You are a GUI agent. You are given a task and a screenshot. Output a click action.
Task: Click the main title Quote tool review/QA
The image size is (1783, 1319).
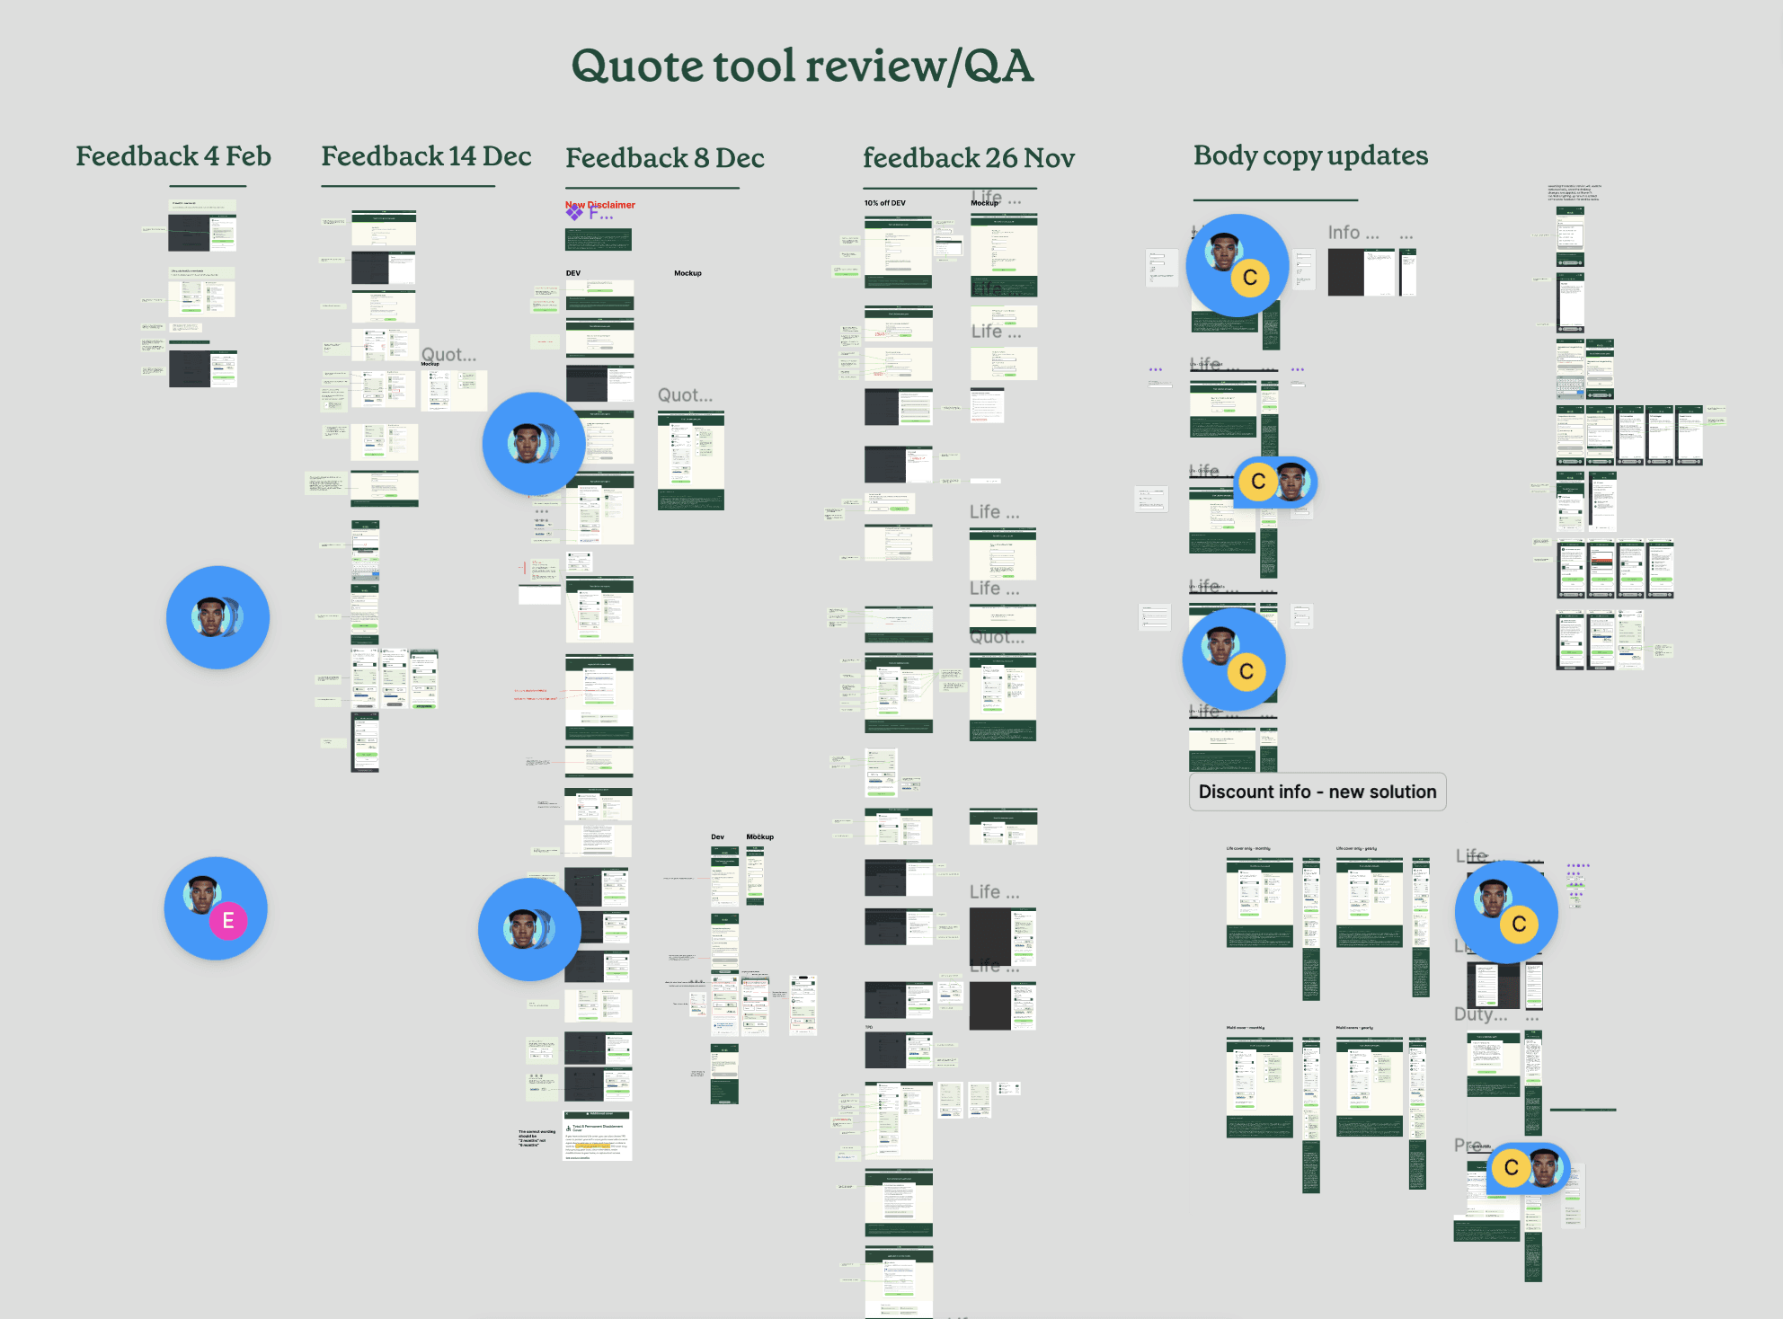(803, 66)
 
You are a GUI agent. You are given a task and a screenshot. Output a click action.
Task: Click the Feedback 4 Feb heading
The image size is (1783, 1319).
(173, 156)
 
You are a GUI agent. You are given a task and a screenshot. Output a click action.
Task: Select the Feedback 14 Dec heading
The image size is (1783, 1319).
(426, 156)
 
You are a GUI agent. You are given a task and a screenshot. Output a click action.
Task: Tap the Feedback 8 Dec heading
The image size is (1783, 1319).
(665, 158)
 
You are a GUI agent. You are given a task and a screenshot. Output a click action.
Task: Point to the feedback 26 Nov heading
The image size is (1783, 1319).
(969, 158)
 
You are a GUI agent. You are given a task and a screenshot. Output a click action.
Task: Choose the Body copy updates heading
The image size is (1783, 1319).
(1310, 155)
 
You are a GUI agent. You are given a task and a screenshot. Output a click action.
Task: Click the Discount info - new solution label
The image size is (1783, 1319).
(1317, 792)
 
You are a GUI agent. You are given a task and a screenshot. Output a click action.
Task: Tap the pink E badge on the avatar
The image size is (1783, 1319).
(228, 920)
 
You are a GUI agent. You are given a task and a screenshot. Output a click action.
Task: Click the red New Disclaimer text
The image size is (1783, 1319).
(600, 205)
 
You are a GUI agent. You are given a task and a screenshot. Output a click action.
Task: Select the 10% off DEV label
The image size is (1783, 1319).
(885, 203)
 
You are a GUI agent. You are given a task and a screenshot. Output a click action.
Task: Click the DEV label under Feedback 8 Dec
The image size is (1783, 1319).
(573, 273)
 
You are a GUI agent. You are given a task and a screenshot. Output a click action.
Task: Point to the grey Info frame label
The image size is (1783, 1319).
(1344, 233)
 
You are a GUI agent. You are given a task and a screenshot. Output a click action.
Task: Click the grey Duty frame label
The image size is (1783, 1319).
(1474, 1014)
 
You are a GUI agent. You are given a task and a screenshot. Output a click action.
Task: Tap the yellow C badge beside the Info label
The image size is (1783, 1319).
(1250, 278)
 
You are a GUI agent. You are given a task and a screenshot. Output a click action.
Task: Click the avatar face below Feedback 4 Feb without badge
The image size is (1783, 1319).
(212, 617)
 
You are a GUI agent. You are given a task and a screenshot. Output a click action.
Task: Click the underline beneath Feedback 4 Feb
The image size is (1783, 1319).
(208, 186)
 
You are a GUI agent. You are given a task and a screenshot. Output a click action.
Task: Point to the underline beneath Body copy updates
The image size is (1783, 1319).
(1275, 199)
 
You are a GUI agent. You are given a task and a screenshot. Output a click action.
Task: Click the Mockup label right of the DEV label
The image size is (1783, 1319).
(687, 273)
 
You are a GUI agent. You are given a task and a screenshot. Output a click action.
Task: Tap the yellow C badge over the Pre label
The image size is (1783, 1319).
(1512, 1167)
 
